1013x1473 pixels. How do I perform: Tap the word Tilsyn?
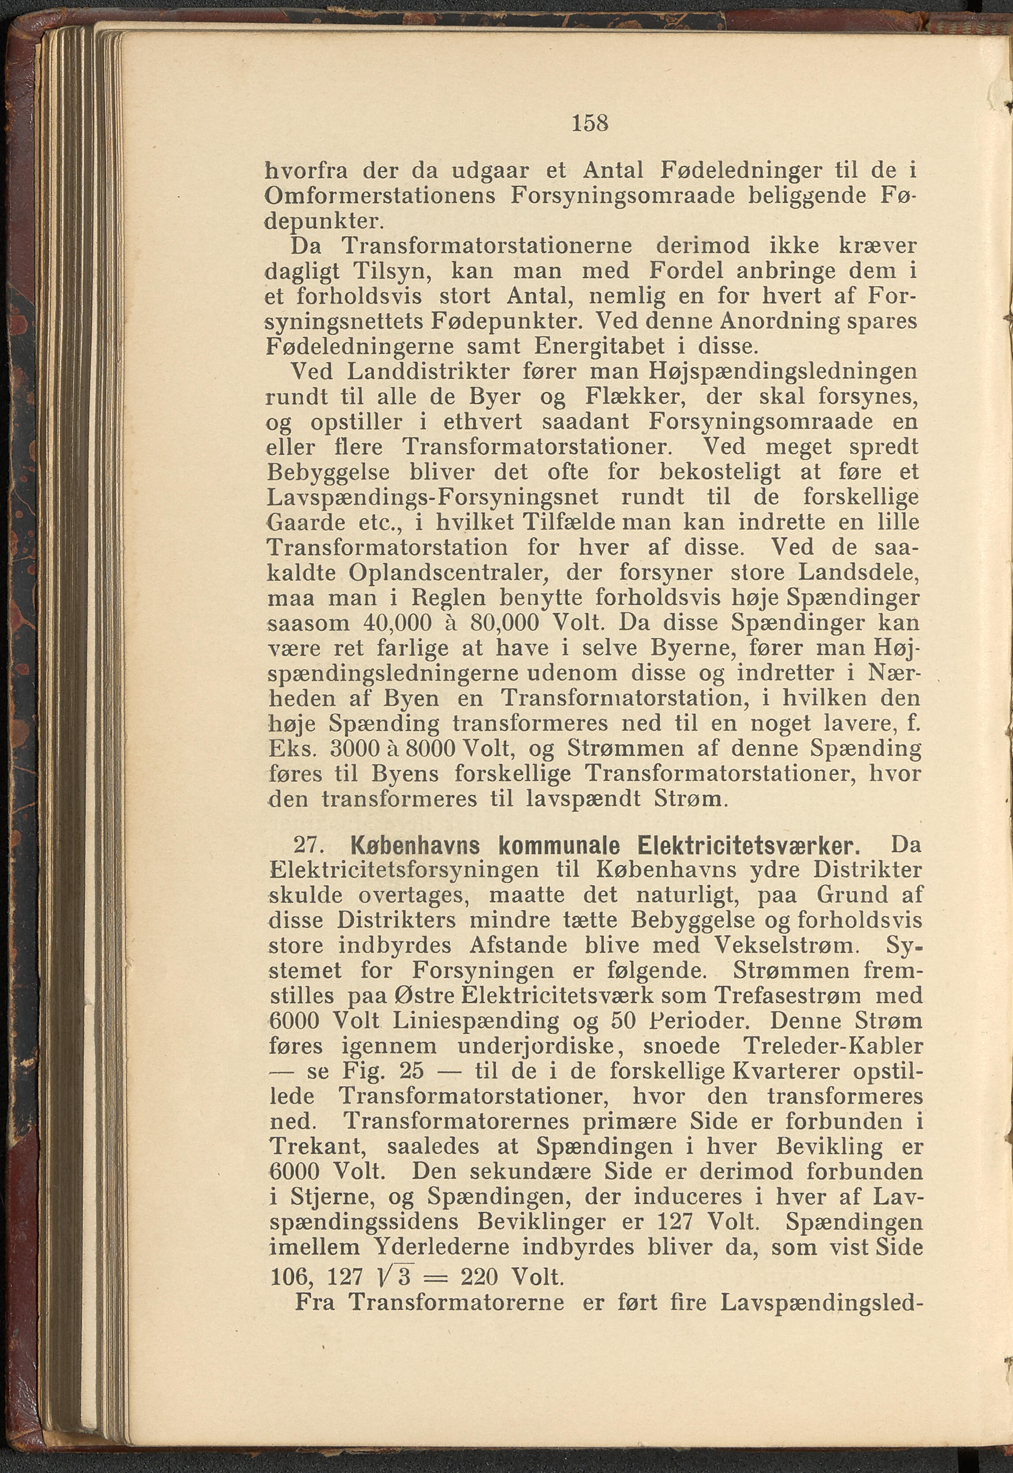coord(392,271)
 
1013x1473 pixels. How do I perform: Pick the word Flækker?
coord(614,397)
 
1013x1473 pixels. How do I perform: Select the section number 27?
coord(309,846)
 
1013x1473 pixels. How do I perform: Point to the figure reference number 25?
coord(411,1071)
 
